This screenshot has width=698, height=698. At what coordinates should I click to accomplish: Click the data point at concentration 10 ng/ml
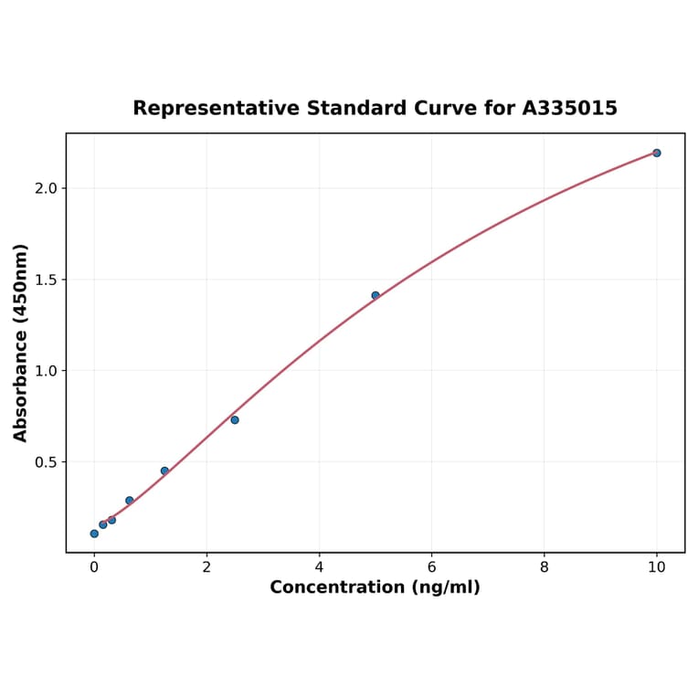click(x=656, y=153)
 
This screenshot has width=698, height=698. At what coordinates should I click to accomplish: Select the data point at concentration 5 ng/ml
click(x=375, y=295)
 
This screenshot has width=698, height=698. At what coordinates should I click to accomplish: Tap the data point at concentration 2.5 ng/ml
click(x=235, y=419)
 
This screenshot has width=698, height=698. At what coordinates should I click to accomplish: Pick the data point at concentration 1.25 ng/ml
click(x=164, y=471)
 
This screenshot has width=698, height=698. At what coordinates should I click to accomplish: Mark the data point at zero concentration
click(x=94, y=534)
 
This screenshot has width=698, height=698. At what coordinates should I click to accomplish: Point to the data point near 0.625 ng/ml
click(x=130, y=501)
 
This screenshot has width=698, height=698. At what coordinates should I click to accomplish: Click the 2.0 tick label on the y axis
click(x=46, y=188)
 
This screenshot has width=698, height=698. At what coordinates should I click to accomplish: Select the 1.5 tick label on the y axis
click(x=46, y=280)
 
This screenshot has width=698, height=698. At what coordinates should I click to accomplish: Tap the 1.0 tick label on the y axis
click(x=46, y=371)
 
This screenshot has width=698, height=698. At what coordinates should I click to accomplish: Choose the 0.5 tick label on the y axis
click(x=46, y=462)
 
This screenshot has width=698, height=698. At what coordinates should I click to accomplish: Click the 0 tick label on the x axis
click(x=94, y=567)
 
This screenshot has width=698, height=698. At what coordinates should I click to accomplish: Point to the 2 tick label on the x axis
click(x=206, y=567)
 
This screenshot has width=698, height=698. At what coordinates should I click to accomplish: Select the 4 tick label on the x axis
click(x=319, y=567)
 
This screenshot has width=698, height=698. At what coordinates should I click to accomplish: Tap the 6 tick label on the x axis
click(x=431, y=567)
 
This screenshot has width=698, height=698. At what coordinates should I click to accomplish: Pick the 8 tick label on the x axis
click(x=545, y=567)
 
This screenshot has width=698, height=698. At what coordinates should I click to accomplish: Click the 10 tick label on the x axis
click(x=656, y=567)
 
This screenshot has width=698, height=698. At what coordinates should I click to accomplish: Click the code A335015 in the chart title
click(x=570, y=109)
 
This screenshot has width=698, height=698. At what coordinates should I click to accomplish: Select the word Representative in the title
click(x=216, y=109)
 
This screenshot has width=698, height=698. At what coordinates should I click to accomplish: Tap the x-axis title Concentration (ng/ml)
click(x=375, y=587)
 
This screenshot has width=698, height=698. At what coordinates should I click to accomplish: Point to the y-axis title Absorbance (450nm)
click(x=21, y=343)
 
